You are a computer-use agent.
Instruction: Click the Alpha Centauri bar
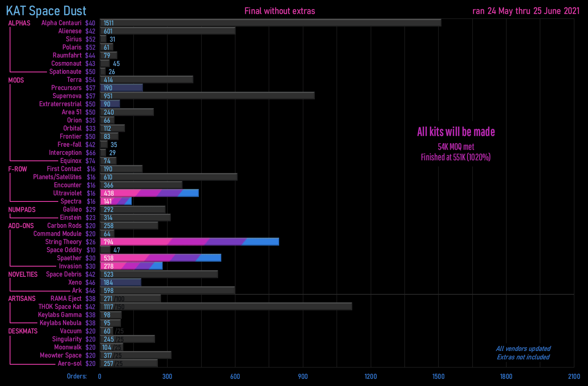click(270, 23)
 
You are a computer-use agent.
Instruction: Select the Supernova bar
click(207, 96)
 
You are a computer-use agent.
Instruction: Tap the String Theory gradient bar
click(190, 242)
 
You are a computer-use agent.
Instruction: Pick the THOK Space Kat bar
click(226, 307)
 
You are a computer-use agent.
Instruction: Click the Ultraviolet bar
click(149, 193)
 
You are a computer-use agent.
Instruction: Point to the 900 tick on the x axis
click(303, 376)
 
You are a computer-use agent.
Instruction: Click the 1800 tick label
click(506, 376)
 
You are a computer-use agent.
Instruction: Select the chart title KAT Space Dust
click(46, 11)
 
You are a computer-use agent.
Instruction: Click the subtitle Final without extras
click(280, 11)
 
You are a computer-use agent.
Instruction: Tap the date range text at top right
click(526, 11)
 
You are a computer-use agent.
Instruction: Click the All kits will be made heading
click(456, 132)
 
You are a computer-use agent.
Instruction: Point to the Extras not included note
click(523, 357)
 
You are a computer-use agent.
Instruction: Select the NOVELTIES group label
click(23, 274)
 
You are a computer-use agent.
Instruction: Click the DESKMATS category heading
click(23, 331)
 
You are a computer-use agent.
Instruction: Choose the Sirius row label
click(73, 39)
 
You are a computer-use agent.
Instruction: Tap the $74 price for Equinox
click(90, 161)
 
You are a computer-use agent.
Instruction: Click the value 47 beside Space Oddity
click(116, 250)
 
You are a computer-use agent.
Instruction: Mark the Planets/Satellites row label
click(57, 177)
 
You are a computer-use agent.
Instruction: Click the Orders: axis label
click(77, 376)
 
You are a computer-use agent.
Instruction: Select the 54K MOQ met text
click(456, 147)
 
